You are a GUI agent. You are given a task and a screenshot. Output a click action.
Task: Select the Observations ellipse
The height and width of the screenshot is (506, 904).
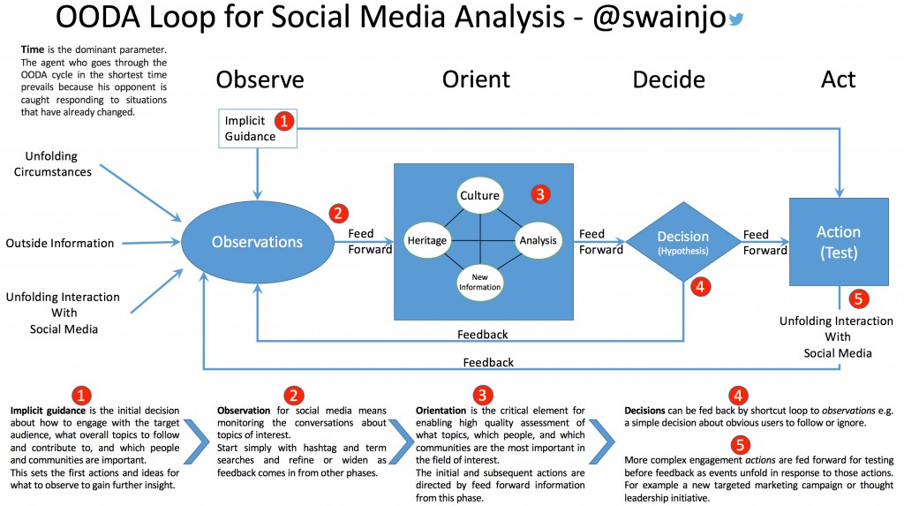point(256,241)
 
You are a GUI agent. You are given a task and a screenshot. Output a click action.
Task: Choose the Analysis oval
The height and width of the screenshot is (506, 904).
point(538,239)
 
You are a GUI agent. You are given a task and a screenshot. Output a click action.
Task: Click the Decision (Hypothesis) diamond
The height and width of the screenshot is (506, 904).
point(682,241)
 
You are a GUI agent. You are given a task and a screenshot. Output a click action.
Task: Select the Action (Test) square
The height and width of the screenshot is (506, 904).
point(838,241)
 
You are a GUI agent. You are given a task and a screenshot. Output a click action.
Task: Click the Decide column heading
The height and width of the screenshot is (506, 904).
point(668,79)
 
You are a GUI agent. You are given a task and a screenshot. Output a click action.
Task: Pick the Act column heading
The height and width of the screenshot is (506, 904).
point(838,79)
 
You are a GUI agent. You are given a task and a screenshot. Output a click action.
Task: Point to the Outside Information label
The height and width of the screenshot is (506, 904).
point(60,243)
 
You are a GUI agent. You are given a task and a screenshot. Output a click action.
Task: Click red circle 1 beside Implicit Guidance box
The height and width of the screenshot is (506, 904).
point(284,119)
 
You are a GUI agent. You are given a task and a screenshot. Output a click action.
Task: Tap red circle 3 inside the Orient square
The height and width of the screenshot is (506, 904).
point(539,193)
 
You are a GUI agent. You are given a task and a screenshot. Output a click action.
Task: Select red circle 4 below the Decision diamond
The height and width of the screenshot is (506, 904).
point(697,286)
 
